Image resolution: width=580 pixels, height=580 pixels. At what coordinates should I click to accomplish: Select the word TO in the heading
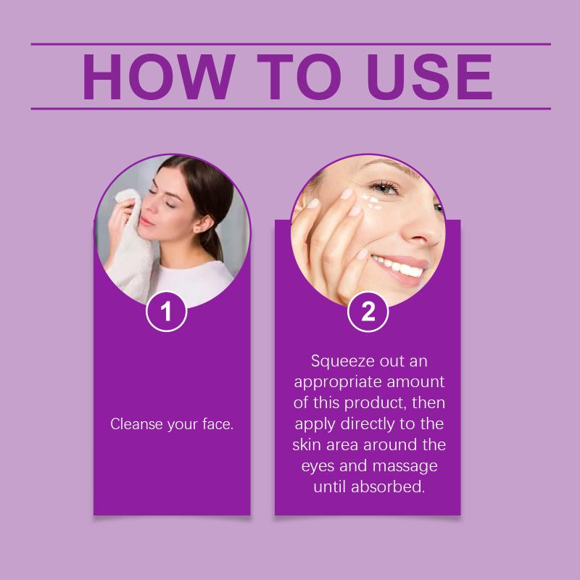coord(299,77)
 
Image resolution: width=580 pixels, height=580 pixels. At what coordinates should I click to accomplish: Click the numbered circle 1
coord(167,312)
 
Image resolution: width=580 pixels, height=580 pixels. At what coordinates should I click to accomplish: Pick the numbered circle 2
coord(368,312)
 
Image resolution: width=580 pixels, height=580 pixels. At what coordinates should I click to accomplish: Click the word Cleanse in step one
coord(136,424)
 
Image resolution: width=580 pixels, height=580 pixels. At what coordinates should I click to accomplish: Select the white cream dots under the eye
coord(371,202)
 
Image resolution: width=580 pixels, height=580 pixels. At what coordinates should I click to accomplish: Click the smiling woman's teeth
coord(399,266)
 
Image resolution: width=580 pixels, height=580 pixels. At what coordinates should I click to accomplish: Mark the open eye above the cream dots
coord(385,188)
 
